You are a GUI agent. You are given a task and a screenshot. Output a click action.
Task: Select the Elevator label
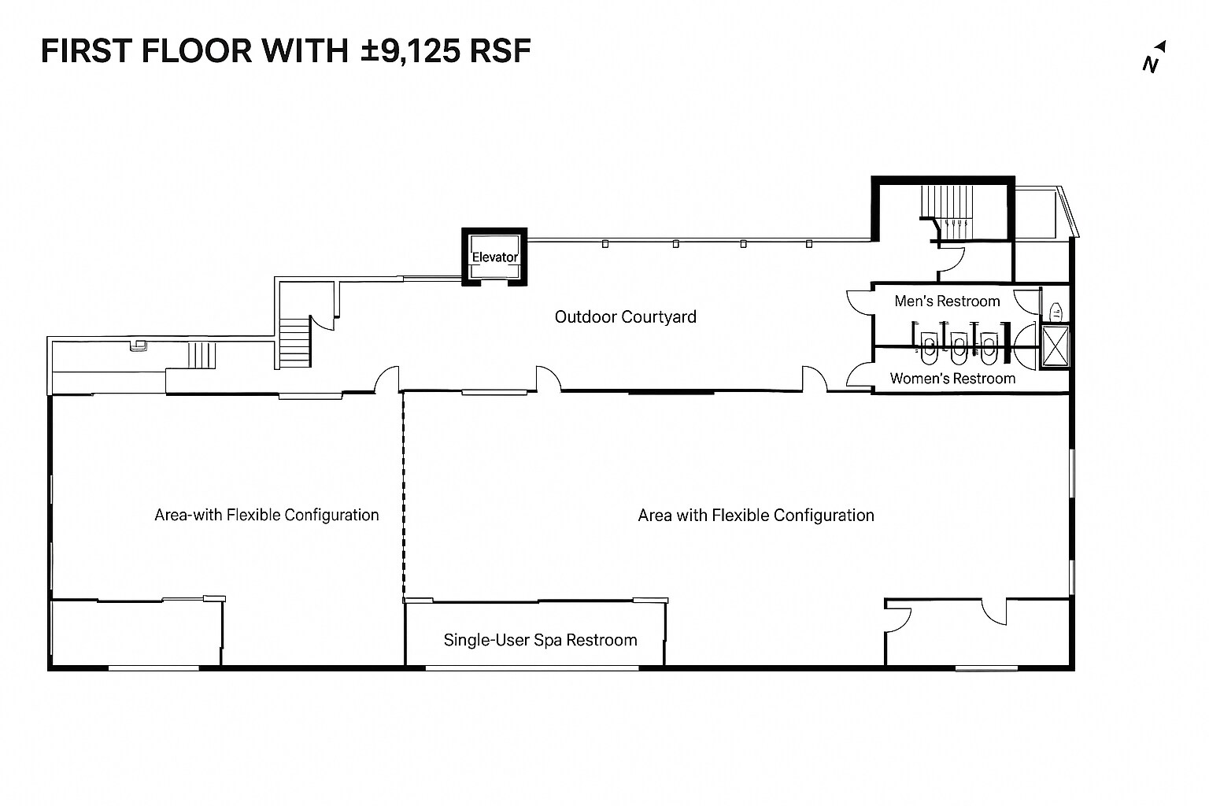point(494,257)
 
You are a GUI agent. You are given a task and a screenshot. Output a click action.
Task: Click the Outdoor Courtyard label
point(625,316)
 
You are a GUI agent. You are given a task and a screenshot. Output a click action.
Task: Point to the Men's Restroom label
point(947,301)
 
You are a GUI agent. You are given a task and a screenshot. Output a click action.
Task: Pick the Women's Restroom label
point(952,379)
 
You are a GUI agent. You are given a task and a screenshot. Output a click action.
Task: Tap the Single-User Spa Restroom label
point(540,640)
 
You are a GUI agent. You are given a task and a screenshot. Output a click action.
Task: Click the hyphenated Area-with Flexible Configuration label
point(266,515)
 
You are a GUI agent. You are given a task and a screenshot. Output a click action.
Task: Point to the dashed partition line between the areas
point(403,496)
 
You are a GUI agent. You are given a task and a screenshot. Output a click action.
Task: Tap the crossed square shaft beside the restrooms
point(1055,347)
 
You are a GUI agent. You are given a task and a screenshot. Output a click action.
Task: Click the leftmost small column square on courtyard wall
point(604,244)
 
